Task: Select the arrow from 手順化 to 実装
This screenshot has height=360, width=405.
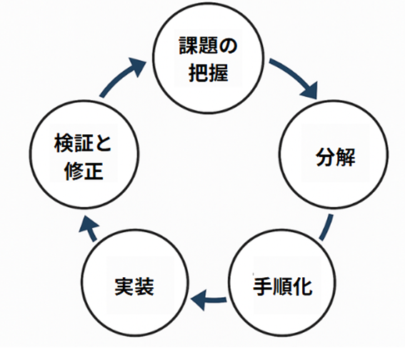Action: [x=208, y=300]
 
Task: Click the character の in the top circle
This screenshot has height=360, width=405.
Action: [x=228, y=46]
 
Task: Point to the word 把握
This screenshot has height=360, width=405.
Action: [x=208, y=73]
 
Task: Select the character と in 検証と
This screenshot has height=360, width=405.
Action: [x=103, y=143]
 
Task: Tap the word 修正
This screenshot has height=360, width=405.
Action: [x=84, y=171]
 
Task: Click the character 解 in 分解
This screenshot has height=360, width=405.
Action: [x=346, y=156]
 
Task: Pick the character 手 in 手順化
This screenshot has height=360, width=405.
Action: [x=263, y=286]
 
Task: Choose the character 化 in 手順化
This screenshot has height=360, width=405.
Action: [x=303, y=286]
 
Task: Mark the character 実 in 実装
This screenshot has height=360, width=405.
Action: [x=124, y=286]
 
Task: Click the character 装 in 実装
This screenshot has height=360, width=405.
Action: [x=144, y=286]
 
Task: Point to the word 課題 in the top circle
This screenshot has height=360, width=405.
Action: [x=199, y=46]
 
